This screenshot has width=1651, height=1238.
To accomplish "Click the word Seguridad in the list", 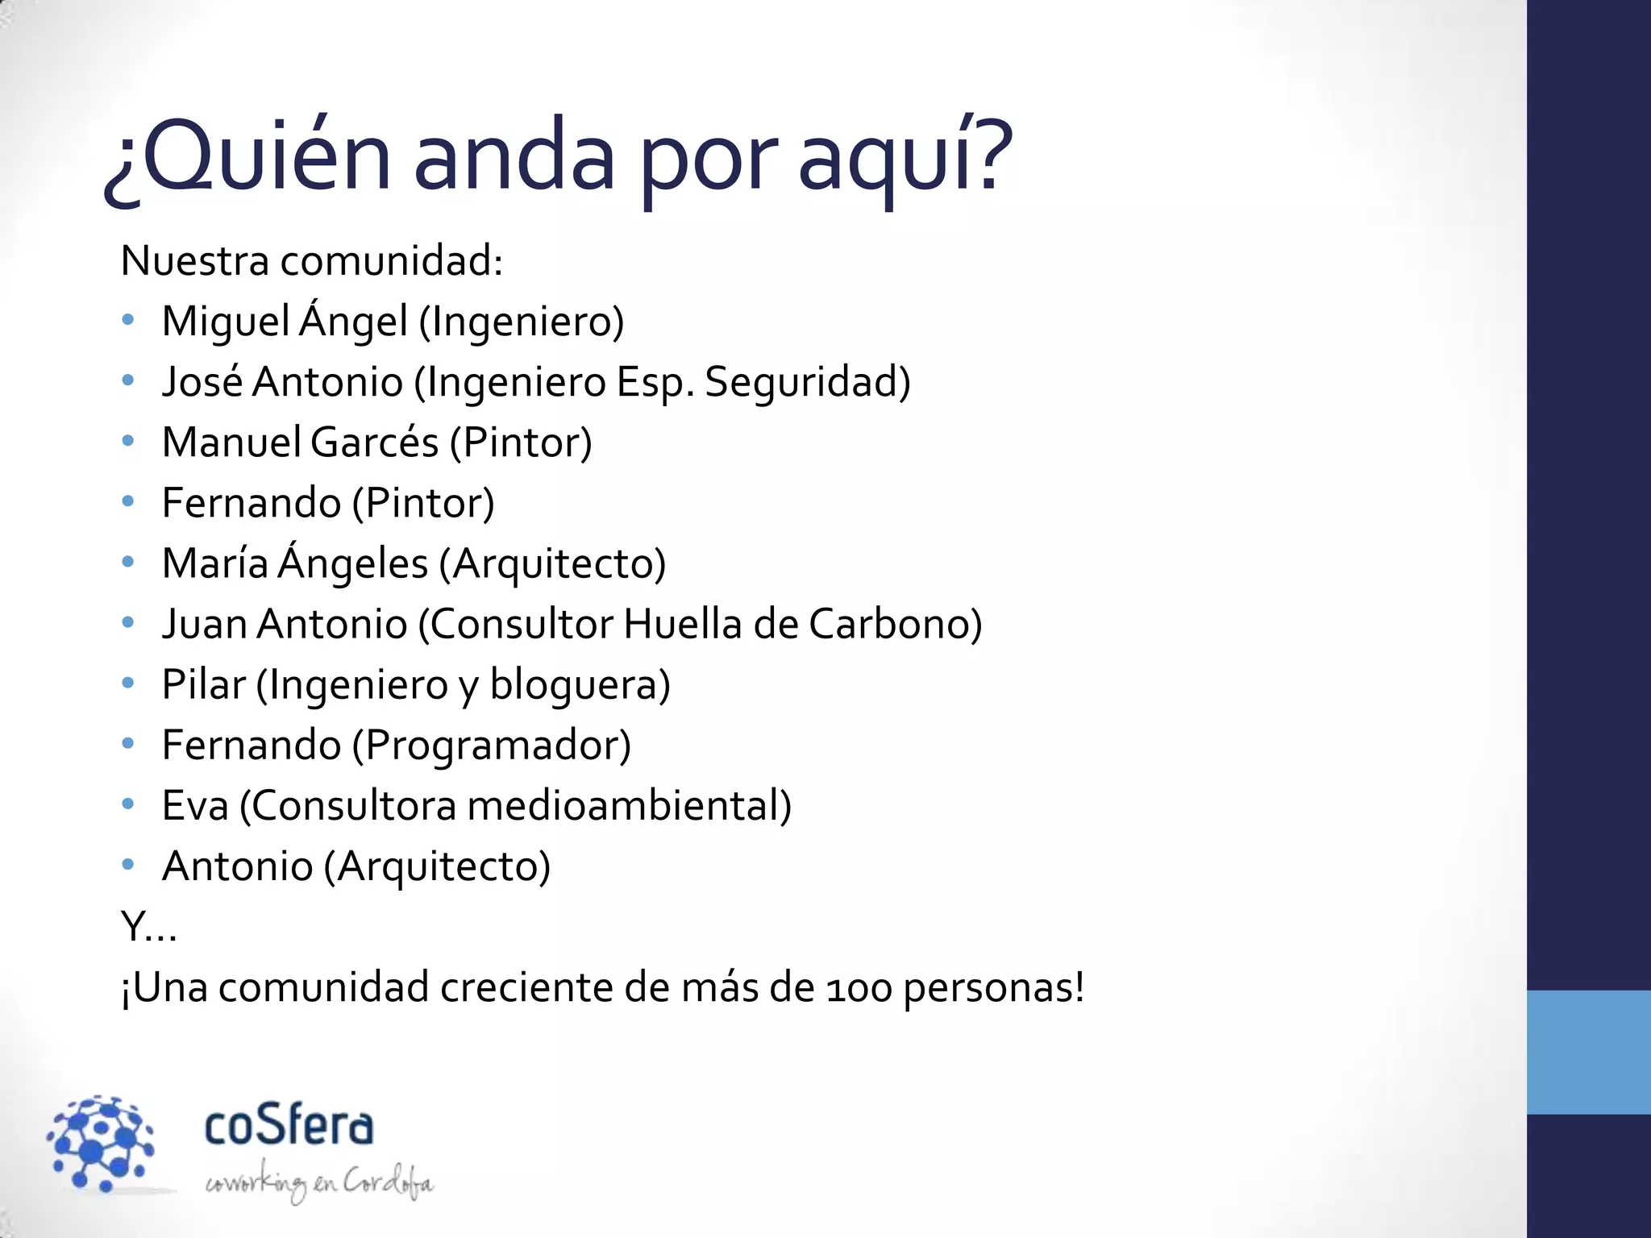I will pos(807,382).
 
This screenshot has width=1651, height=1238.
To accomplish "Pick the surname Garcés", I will pos(374,442).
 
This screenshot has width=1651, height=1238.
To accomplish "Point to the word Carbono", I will pos(895,625).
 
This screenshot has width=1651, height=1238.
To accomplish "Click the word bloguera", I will pos(580,685).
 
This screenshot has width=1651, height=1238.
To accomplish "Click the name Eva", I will pos(195,806).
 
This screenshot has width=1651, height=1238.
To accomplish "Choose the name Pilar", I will pos(203,685).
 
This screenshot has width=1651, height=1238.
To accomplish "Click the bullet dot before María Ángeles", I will pos(127,562).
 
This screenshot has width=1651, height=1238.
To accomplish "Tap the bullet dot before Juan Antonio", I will pos(127,622).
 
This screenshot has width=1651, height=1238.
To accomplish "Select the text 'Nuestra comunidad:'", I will pos(312,261).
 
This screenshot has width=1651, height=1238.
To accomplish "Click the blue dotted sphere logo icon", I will pos(102,1143).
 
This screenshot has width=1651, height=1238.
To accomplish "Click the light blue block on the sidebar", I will pos(1588,1052).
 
